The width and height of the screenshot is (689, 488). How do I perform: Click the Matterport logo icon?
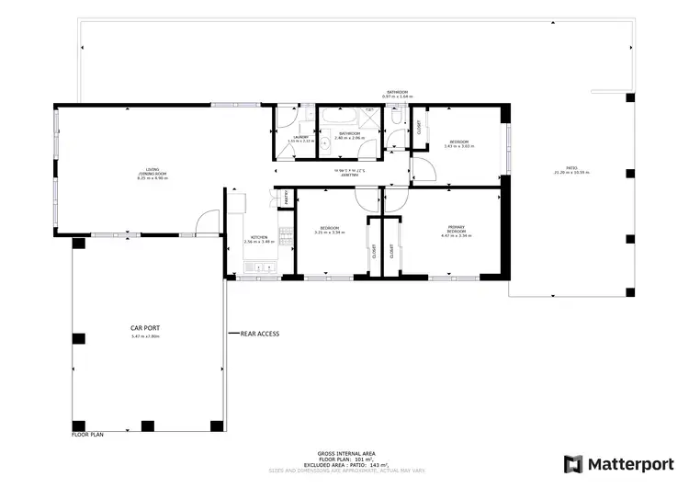573,464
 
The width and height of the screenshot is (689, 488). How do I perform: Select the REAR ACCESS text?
260,334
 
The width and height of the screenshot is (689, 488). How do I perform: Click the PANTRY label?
286,196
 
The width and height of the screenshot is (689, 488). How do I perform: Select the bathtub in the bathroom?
341,118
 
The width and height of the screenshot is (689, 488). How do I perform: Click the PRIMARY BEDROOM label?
456,230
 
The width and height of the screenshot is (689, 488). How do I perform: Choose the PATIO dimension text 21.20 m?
570,174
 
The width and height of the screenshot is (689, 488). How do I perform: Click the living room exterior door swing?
208,222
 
